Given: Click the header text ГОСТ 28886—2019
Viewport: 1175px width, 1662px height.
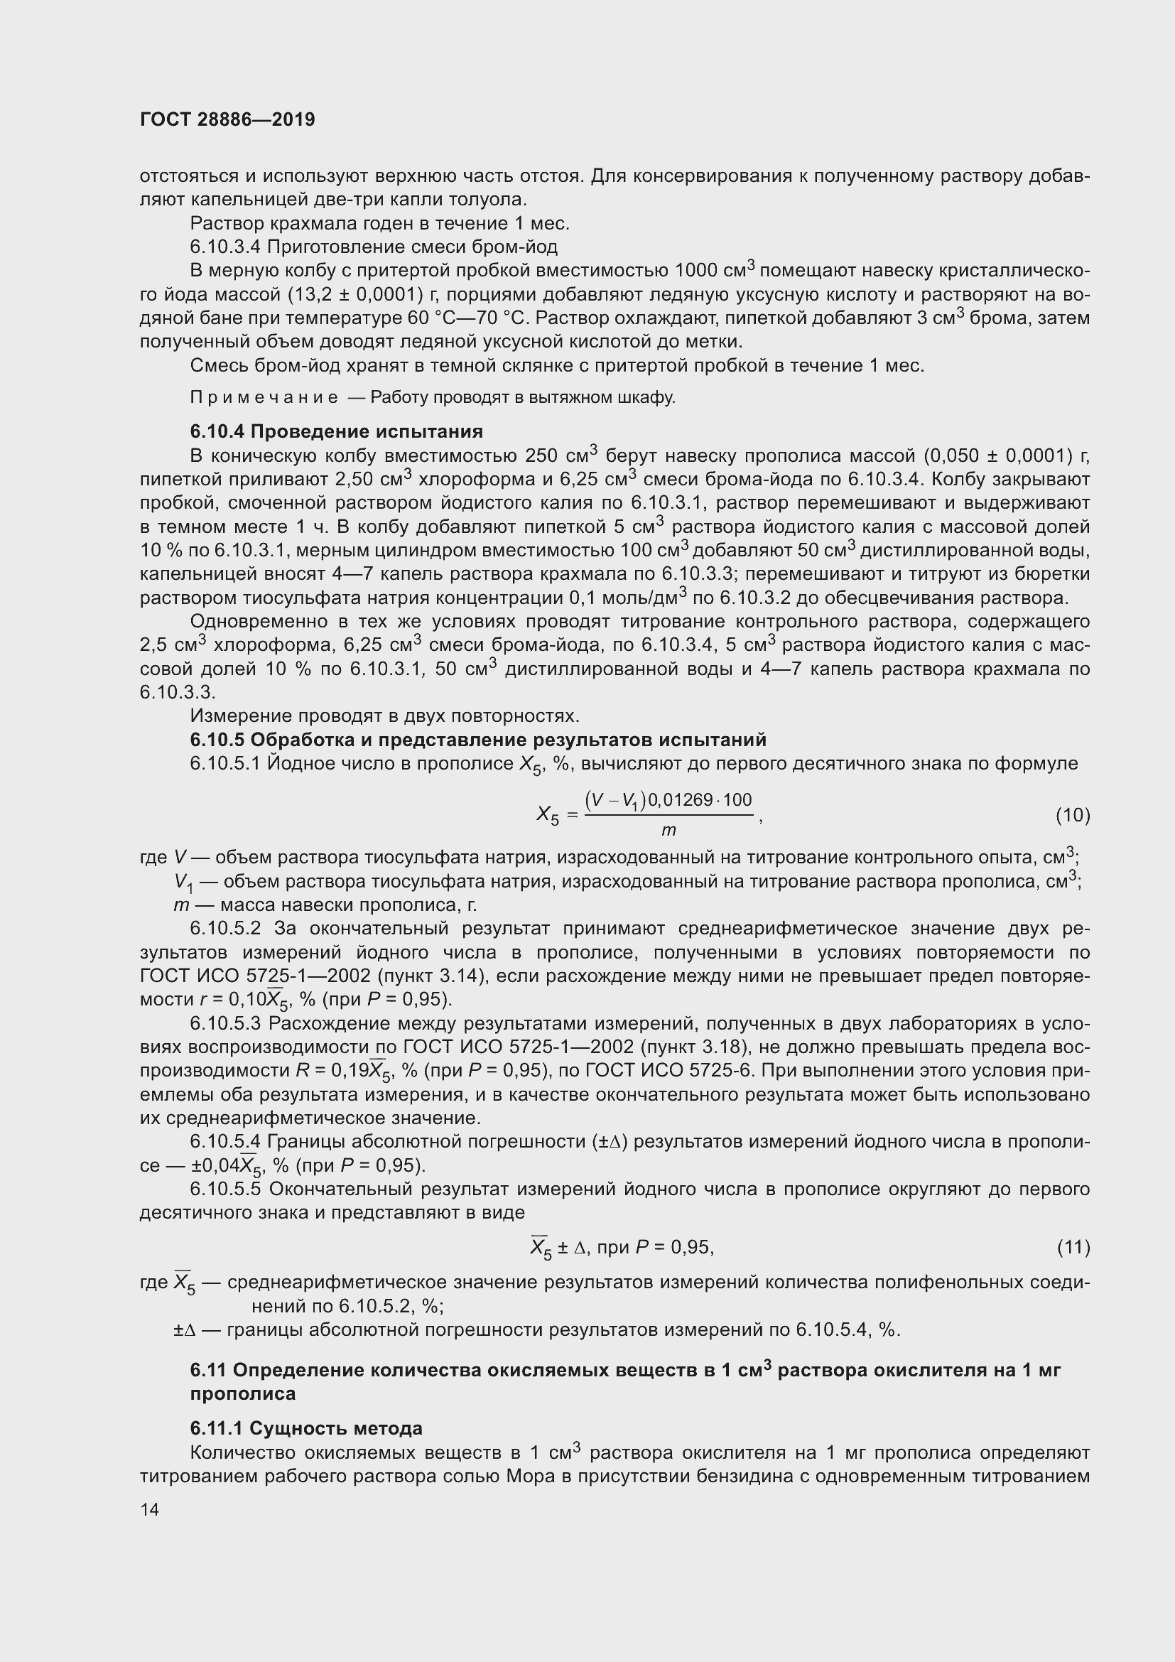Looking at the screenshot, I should coord(227,120).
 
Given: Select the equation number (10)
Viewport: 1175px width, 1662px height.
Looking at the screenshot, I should coord(1072,815).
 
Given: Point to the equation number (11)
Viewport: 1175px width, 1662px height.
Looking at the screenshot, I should coord(1073,1246).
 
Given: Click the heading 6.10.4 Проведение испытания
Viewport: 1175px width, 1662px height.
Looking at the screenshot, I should coord(337,431).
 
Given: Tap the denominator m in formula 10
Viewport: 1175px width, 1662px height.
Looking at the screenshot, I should coord(668,830).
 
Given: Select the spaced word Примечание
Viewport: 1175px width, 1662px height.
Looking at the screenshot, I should coord(264,397).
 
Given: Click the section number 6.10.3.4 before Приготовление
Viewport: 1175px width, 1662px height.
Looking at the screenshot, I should coord(225,247).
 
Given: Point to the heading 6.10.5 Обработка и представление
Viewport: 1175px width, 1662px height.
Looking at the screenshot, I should coord(477,740).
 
